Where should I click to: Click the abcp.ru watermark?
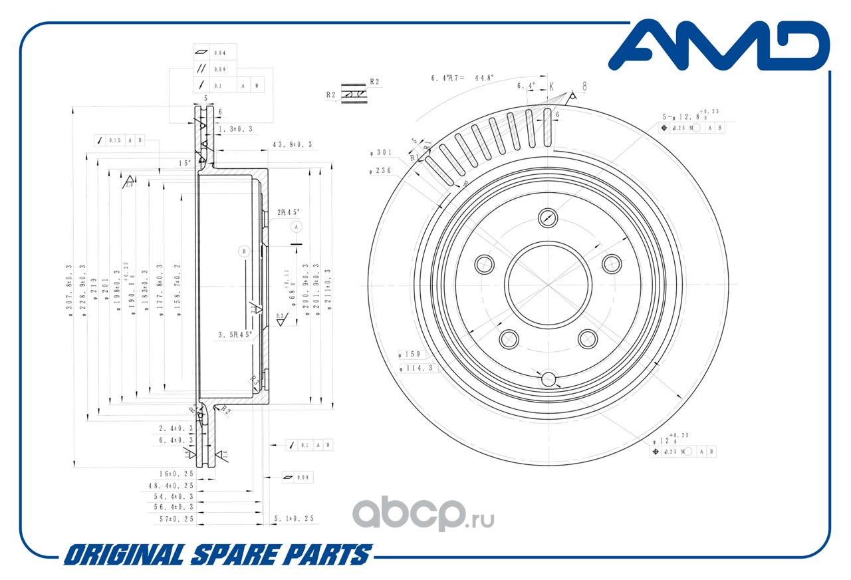(422, 513)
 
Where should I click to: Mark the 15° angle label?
(184, 163)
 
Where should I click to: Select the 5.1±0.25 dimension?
(293, 518)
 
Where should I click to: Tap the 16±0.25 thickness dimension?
(176, 473)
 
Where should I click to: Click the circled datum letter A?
(297, 227)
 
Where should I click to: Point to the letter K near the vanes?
(551, 86)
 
